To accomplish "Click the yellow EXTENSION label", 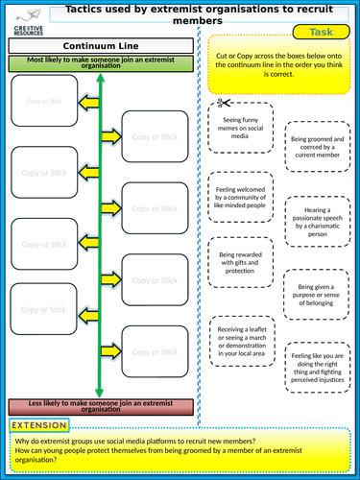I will [40, 425].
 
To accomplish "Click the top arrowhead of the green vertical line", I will [101, 80].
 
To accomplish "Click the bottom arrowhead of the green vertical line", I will [101, 390].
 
